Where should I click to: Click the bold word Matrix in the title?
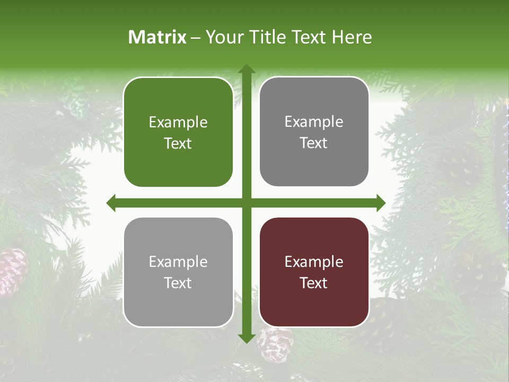point(157,37)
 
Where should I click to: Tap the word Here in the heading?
point(352,37)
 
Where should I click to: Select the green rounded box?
point(178,132)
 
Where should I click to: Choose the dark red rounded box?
point(314,272)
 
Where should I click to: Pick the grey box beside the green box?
point(314,132)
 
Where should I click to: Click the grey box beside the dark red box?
point(178,272)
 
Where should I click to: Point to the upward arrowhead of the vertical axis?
point(246,70)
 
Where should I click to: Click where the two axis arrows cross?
point(246,203)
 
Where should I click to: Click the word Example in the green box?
point(178,123)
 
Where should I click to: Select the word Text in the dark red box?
point(314,283)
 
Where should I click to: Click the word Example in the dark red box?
point(314,262)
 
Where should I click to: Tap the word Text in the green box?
point(178,143)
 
